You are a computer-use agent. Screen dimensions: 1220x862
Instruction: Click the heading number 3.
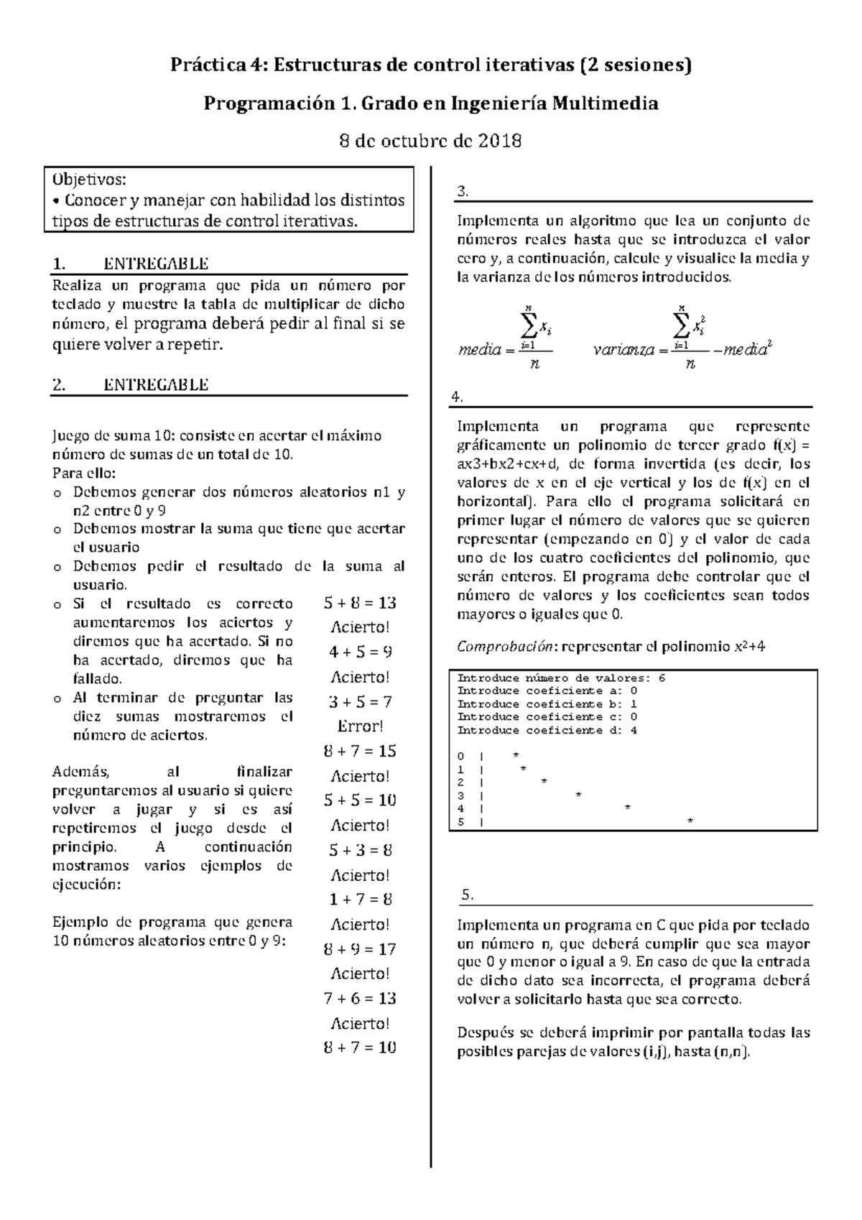click(x=463, y=191)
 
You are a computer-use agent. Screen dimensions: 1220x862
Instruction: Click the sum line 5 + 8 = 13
click(x=360, y=603)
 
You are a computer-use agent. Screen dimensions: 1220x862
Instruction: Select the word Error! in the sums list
click(x=360, y=726)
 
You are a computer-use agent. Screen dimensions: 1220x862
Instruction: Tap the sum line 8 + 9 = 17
click(x=360, y=949)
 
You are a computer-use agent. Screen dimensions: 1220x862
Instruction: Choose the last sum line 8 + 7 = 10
click(x=360, y=1048)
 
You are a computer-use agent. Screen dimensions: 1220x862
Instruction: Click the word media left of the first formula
click(x=478, y=351)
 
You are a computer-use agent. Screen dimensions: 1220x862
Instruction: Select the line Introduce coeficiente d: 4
click(x=547, y=731)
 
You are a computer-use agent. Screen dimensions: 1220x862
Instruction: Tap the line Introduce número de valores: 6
click(x=561, y=678)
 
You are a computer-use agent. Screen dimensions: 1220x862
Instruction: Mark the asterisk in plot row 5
click(x=690, y=821)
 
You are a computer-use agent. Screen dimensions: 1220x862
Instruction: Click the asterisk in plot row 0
click(x=516, y=754)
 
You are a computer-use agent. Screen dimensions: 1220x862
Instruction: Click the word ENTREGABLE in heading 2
click(x=156, y=384)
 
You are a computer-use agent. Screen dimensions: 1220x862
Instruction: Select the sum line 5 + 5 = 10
click(x=360, y=800)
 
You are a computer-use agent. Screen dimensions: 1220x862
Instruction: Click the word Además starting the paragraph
click(x=80, y=772)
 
